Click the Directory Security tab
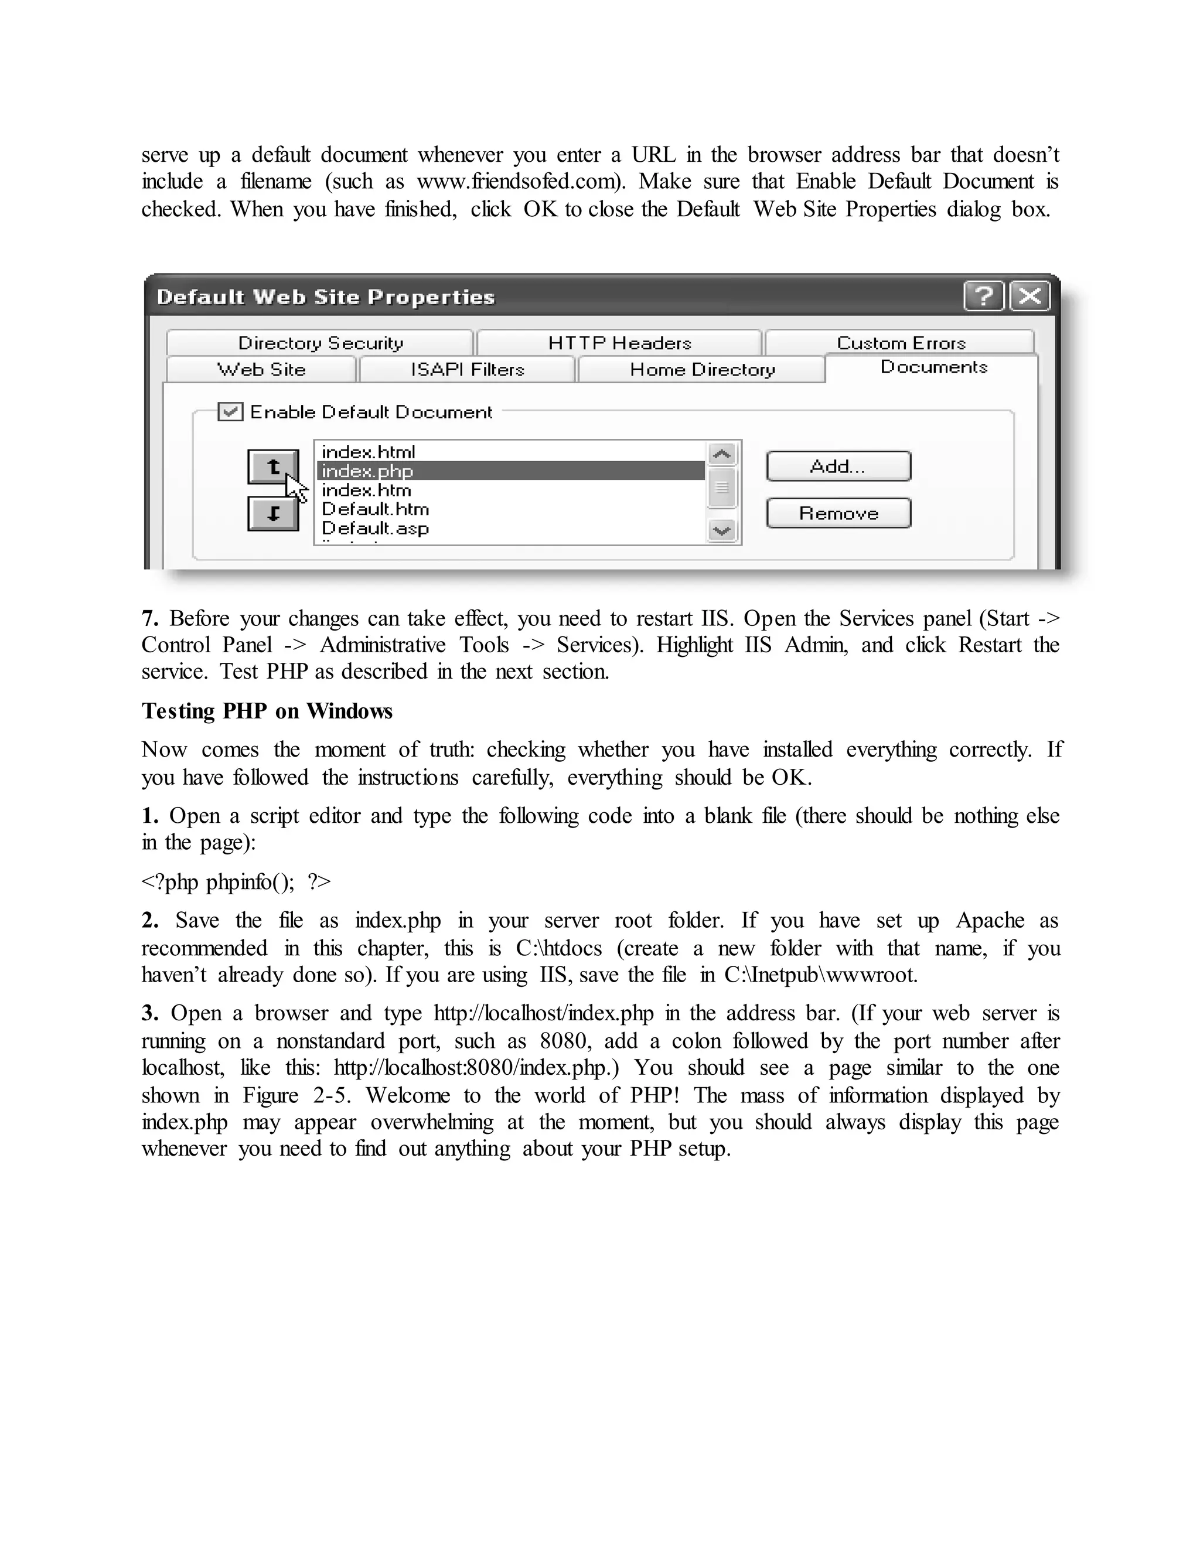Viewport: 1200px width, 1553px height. (x=320, y=343)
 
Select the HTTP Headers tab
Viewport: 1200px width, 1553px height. (x=619, y=343)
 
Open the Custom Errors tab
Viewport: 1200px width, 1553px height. (x=901, y=343)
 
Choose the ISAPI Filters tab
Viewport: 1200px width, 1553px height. (x=467, y=370)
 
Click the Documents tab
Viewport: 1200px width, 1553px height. (x=933, y=367)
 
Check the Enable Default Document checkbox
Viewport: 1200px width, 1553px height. (x=230, y=412)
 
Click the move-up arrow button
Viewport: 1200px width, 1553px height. (x=273, y=466)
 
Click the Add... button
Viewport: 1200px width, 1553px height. (x=838, y=466)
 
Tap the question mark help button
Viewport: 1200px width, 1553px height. (x=984, y=296)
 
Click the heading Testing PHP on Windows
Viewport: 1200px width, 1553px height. (x=267, y=711)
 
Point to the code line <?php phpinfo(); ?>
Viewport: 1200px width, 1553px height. (x=236, y=882)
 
